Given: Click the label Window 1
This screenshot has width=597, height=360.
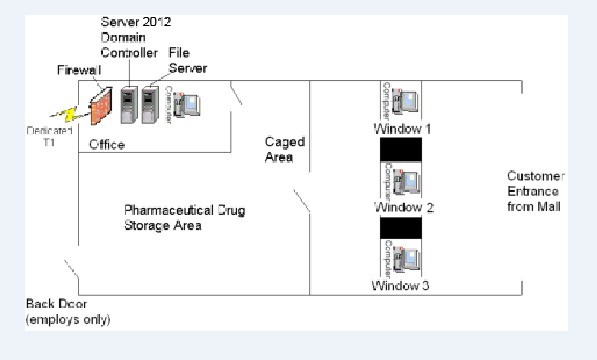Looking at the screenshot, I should pyautogui.click(x=402, y=129).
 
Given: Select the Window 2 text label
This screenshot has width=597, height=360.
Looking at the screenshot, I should pyautogui.click(x=404, y=208).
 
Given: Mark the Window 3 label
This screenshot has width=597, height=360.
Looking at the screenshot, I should pyautogui.click(x=400, y=285).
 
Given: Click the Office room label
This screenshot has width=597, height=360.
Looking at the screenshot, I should pyautogui.click(x=106, y=145).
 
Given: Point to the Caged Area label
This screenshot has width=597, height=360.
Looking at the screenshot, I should pyautogui.click(x=285, y=149).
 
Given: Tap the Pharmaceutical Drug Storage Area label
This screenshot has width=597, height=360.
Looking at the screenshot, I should pyautogui.click(x=185, y=218).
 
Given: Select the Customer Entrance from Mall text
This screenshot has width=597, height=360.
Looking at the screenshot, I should pyautogui.click(x=535, y=191).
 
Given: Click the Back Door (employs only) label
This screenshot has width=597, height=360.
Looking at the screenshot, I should pyautogui.click(x=68, y=312).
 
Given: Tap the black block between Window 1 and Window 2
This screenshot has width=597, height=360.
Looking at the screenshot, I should pyautogui.click(x=401, y=149).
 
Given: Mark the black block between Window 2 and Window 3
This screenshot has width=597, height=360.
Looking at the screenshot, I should pyautogui.click(x=401, y=228).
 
